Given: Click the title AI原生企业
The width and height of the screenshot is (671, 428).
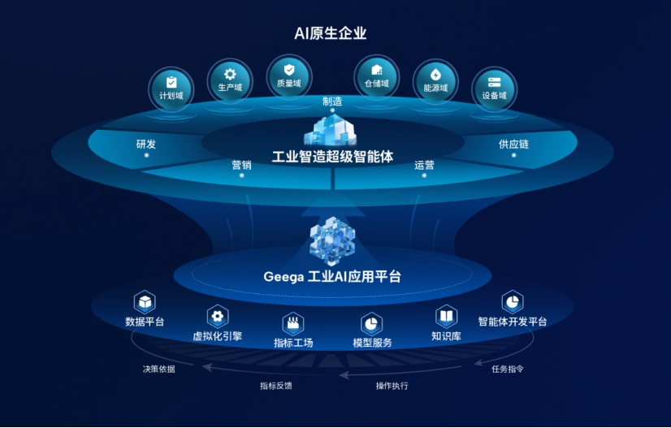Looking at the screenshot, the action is [x=331, y=33].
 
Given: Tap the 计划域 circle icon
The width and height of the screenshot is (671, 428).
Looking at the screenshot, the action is [x=171, y=89].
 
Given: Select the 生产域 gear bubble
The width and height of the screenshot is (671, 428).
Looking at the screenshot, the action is [x=230, y=81].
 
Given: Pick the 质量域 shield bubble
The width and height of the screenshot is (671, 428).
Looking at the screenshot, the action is [x=289, y=77].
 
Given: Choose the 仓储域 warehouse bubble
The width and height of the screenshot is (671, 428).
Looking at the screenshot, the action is [x=377, y=77].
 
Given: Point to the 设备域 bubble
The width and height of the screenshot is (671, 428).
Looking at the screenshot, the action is [x=494, y=89].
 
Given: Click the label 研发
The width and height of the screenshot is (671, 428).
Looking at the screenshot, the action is [x=146, y=145].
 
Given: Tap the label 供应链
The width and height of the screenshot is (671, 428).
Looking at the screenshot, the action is [x=513, y=145].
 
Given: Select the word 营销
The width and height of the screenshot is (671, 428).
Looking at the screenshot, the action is [x=241, y=165].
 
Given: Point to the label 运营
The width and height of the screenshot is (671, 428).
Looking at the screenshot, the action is [x=424, y=165].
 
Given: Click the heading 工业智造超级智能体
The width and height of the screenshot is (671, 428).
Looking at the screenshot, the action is [x=332, y=157].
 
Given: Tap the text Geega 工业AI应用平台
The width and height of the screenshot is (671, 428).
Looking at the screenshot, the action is [x=332, y=276].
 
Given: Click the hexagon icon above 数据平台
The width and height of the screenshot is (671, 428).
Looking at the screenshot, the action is [x=145, y=302].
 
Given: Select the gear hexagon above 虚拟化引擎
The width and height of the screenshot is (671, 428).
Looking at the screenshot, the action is [x=218, y=316].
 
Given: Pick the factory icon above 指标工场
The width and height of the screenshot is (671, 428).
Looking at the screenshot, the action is [x=293, y=323].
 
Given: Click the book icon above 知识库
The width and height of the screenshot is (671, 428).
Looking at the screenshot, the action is [x=446, y=317].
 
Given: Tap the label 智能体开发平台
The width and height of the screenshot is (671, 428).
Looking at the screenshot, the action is [x=513, y=322].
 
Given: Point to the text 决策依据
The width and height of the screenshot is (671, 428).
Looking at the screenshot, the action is [x=158, y=369].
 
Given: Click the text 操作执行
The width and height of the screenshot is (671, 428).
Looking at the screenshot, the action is [x=392, y=386].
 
